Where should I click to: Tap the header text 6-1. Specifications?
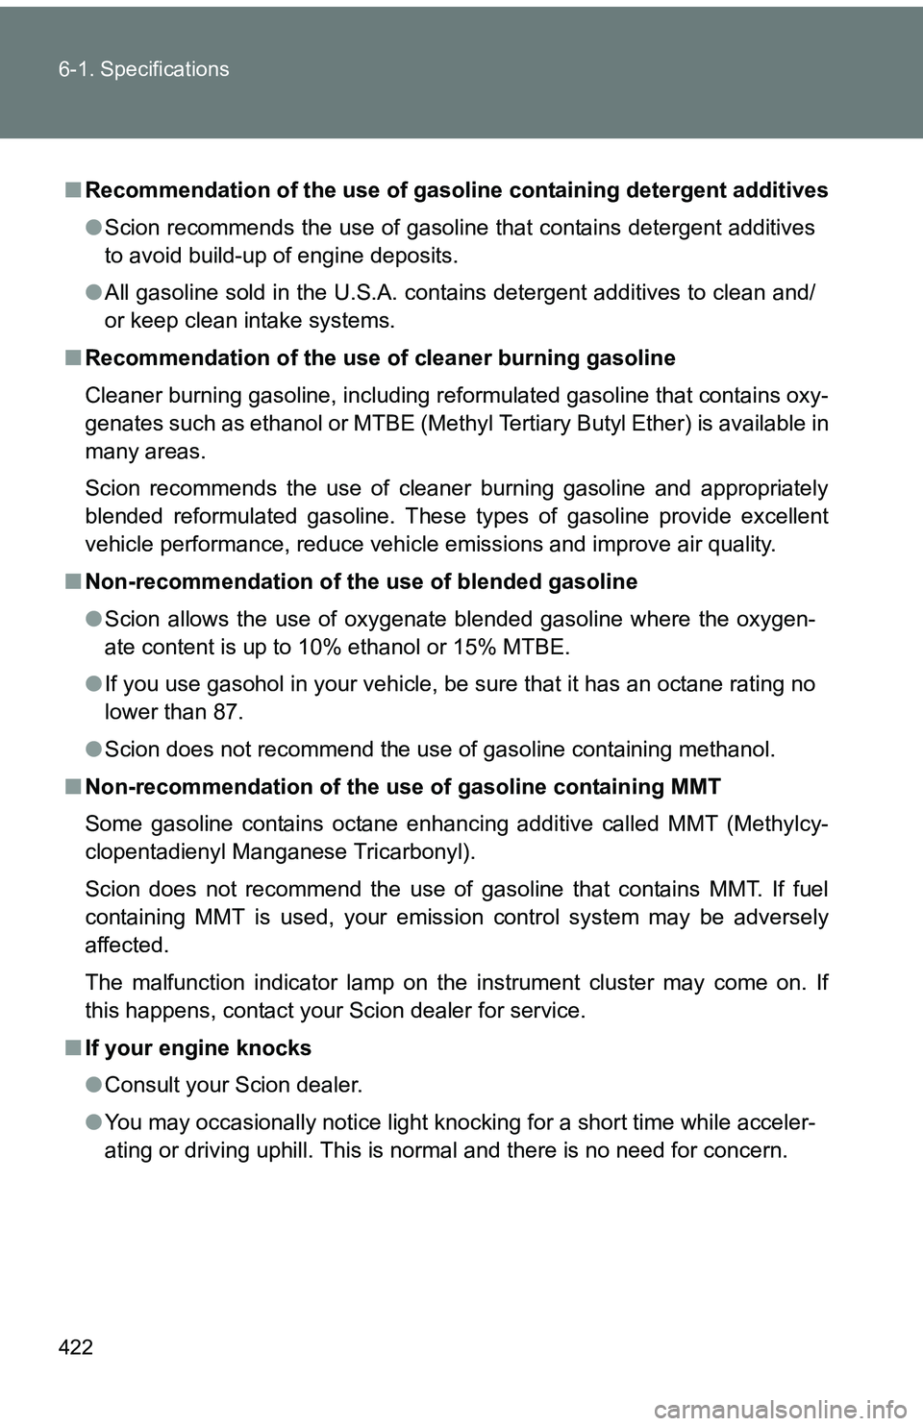[143, 69]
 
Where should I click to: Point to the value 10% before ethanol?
[316, 647]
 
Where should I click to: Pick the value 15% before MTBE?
[474, 647]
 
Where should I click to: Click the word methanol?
[725, 750]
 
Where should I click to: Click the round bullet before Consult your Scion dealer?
[92, 1086]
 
